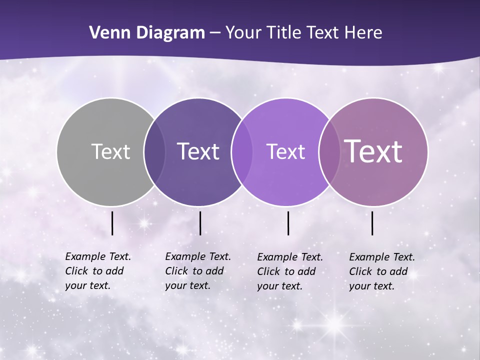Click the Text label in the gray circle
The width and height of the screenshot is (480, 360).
pos(110,151)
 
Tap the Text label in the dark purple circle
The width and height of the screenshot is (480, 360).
pos(198,151)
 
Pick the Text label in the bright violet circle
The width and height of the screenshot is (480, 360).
pos(285,151)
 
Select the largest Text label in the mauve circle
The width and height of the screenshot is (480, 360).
pos(373,151)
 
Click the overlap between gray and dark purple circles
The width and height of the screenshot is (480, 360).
pos(154,151)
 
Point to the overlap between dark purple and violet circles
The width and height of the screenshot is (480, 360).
pos(242,151)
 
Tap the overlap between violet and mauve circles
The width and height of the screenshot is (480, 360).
pos(329,151)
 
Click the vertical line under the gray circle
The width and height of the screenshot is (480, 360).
pos(112,223)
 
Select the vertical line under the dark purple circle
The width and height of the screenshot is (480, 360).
pos(200,223)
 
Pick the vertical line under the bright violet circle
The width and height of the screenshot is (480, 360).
pos(288,223)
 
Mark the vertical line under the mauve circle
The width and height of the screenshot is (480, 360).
pos(372,223)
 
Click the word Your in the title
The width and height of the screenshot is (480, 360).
pos(244,33)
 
